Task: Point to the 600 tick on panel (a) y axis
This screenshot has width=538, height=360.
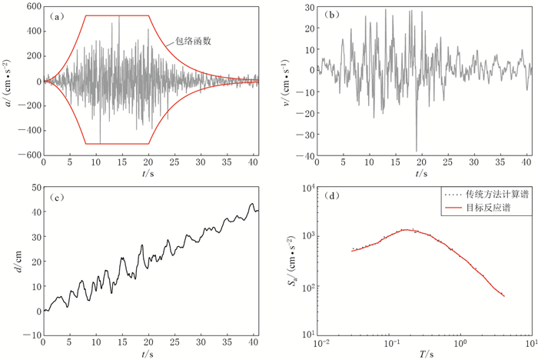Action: (29, 7)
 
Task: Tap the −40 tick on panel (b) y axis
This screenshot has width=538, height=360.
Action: (304, 155)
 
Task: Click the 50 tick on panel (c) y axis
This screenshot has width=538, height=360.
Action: (32, 188)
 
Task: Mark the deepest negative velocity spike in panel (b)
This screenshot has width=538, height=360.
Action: (416, 151)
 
